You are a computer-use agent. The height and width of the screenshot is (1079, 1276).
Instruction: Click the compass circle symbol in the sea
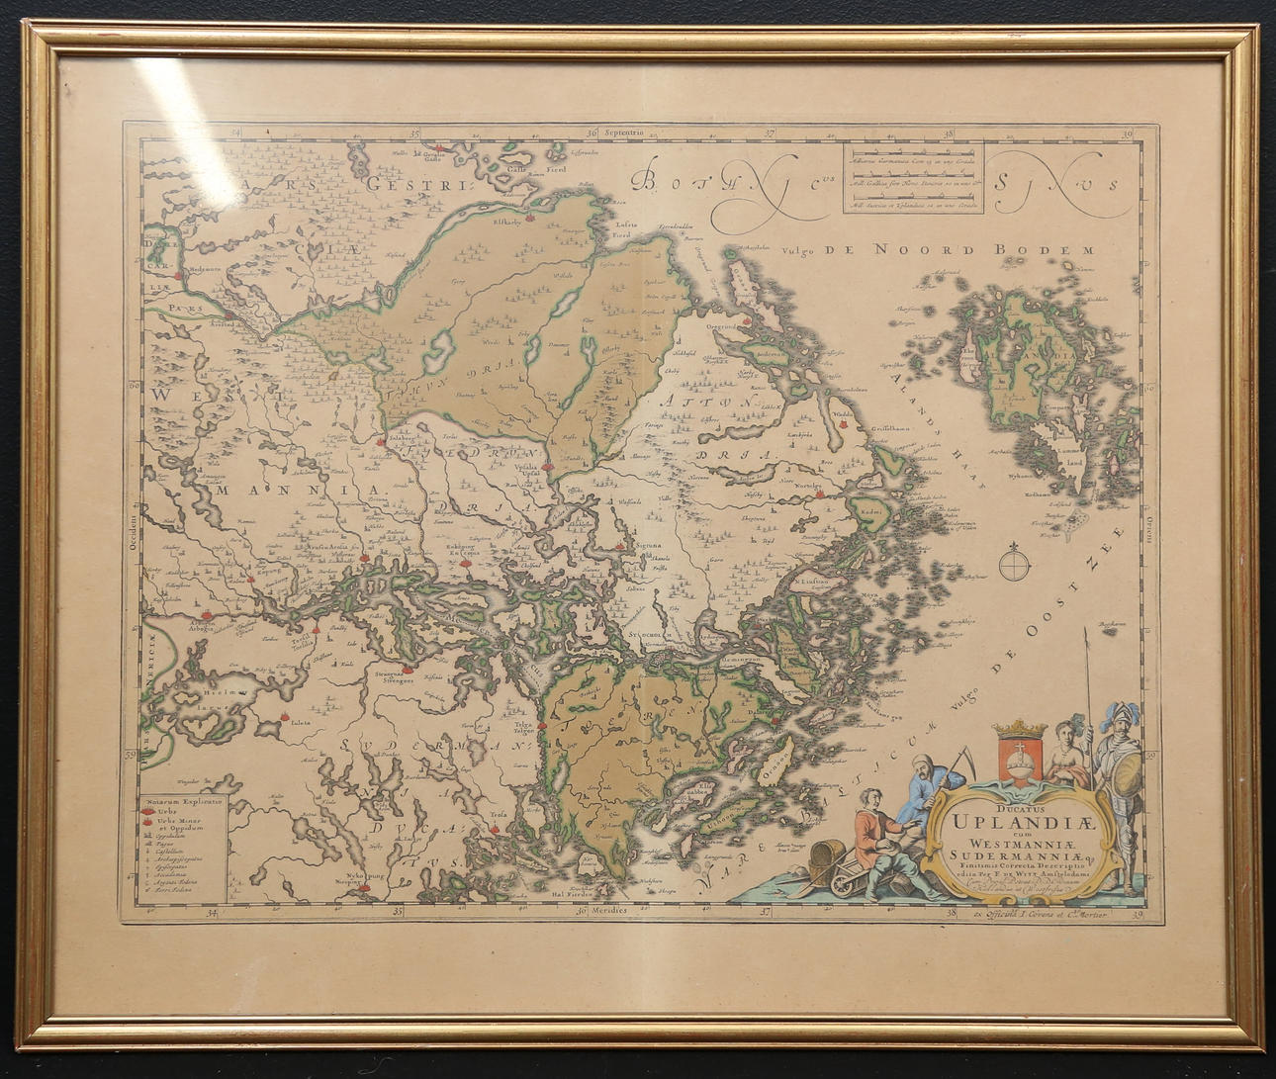(1014, 566)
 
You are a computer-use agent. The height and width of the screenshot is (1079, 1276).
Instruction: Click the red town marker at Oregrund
(748, 319)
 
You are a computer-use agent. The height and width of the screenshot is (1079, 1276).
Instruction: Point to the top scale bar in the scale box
(913, 156)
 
